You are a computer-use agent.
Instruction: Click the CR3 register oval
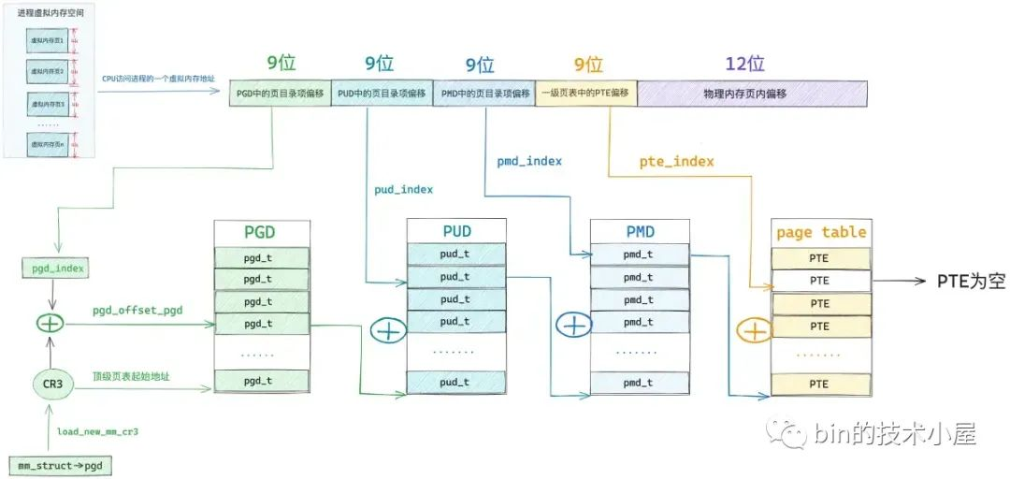coord(52,384)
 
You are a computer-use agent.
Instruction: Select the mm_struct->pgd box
coord(59,465)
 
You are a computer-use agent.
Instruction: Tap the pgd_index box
coord(52,269)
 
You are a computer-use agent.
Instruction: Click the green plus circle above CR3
coord(50,324)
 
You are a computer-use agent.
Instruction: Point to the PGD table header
coord(260,232)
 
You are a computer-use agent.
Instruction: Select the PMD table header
coord(639,231)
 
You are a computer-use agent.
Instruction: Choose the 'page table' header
coord(821,232)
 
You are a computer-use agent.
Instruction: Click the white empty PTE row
coord(820,280)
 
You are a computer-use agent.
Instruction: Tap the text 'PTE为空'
coord(971,281)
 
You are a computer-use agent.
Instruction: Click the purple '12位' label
coord(744,64)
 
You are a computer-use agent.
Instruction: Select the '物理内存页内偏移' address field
coord(752,94)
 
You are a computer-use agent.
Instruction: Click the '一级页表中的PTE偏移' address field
coord(586,94)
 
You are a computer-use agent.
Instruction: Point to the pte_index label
coord(676,162)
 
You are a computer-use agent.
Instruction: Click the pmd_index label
coord(528,161)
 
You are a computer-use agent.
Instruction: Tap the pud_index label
coord(402,189)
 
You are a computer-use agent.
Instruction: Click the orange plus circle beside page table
coord(753,330)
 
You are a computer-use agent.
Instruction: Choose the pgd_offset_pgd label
coord(137,310)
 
